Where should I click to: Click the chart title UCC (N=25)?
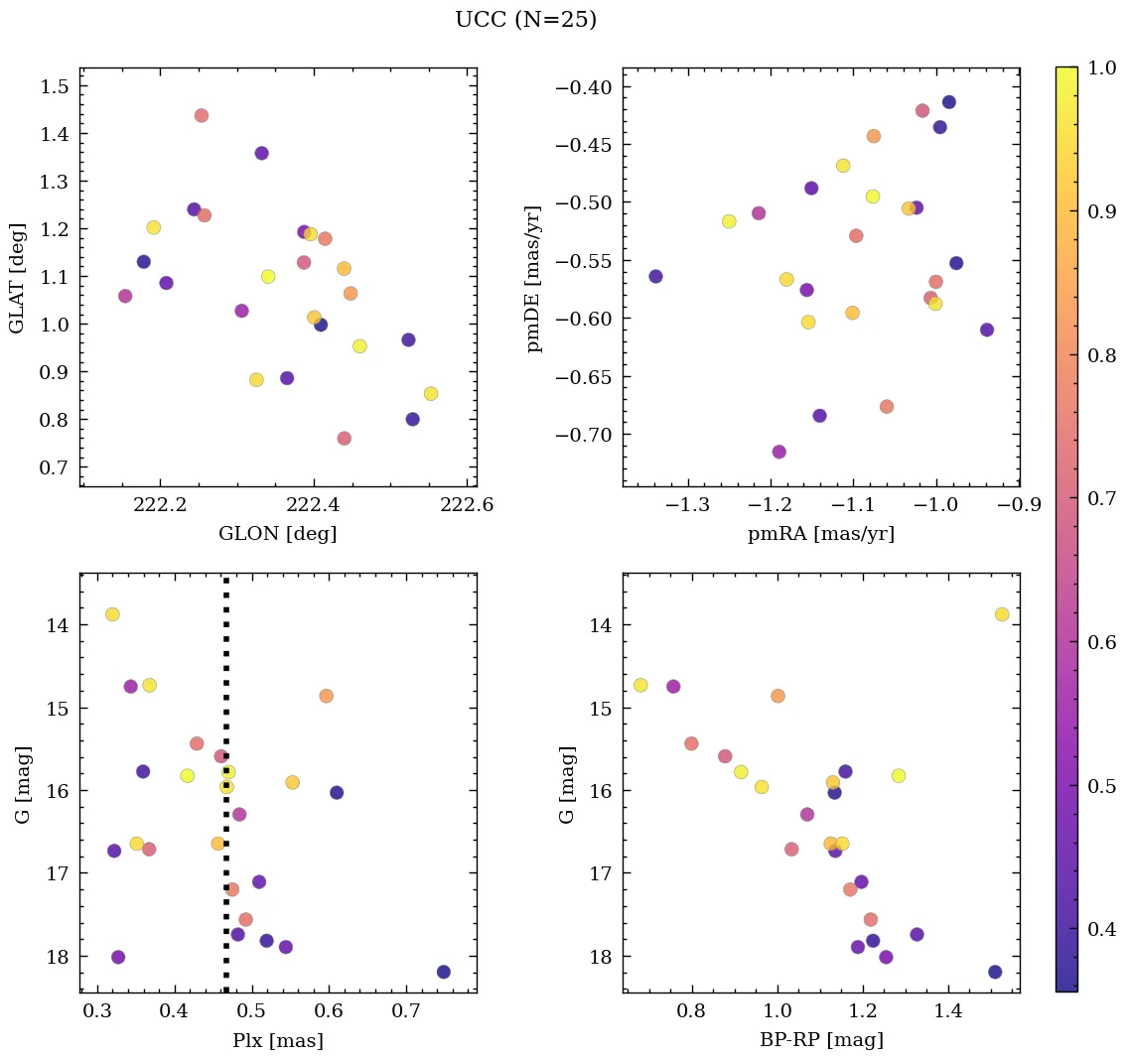(x=525, y=20)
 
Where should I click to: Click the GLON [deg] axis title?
(x=277, y=534)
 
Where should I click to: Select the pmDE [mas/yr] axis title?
(x=535, y=279)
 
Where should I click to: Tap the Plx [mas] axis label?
(x=277, y=1041)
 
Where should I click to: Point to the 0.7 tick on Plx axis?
(x=406, y=1012)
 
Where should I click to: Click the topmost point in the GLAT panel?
(x=202, y=115)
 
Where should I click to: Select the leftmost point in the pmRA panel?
(x=655, y=276)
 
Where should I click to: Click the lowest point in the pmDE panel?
(x=779, y=452)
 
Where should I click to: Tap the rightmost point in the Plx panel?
(x=443, y=972)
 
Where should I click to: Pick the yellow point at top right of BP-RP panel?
(x=1002, y=614)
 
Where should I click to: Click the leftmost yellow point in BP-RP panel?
(x=640, y=685)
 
